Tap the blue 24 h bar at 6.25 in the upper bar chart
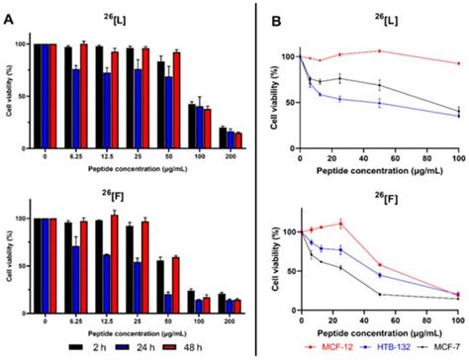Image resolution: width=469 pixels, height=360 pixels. click(x=75, y=107)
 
